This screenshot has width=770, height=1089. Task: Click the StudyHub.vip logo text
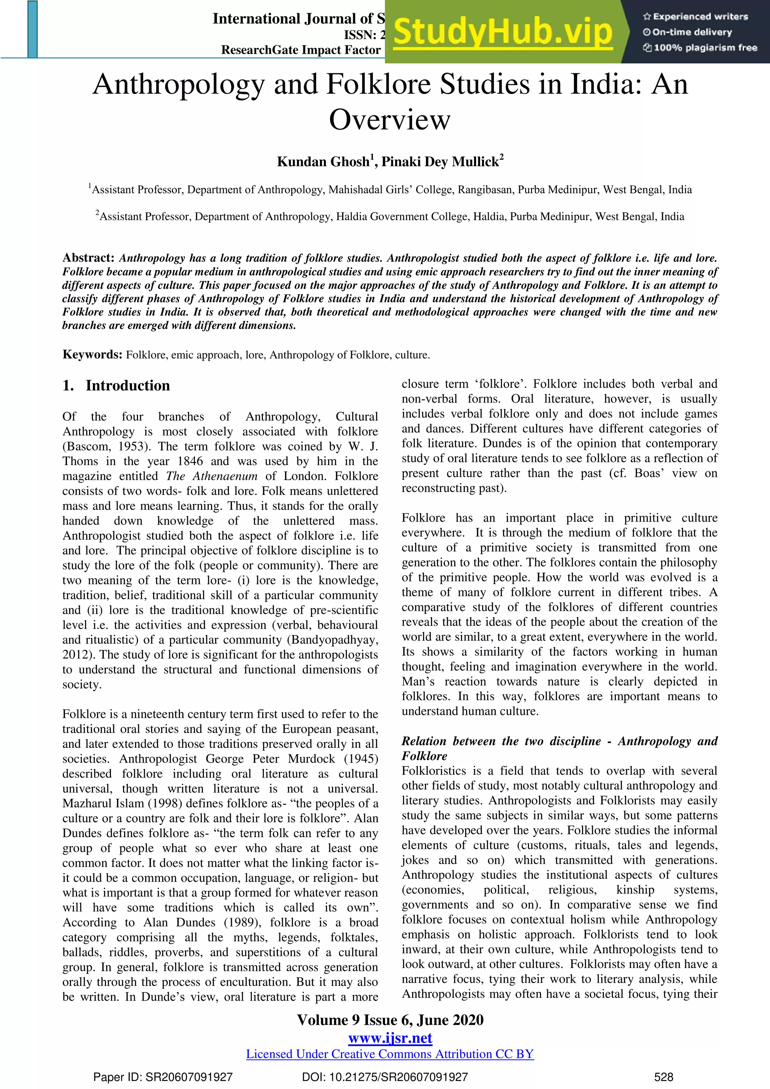coord(503,32)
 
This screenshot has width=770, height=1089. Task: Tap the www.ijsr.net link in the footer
coord(390,1038)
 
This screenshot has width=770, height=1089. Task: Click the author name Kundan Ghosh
coord(323,162)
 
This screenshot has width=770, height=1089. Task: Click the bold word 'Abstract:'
coord(88,258)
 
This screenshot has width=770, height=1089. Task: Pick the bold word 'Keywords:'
coord(92,355)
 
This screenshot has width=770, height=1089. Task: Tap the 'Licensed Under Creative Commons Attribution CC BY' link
coord(390,1054)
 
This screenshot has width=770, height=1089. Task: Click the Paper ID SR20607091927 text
coord(163,1077)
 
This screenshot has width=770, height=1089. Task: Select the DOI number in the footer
coord(385,1077)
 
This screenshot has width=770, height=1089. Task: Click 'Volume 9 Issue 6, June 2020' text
coord(390,1020)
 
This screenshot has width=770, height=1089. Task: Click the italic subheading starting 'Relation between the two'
coord(559,741)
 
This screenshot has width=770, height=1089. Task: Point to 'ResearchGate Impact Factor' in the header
coord(301,50)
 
